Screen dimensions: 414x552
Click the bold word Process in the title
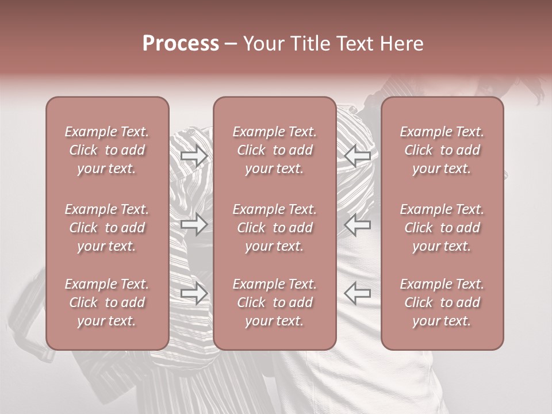pyautogui.click(x=181, y=44)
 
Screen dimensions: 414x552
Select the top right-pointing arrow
pyautogui.click(x=194, y=156)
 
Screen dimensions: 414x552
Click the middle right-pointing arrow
pyautogui.click(x=194, y=224)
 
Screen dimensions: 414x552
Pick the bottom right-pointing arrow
pyautogui.click(x=194, y=293)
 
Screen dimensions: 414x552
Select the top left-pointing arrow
pyautogui.click(x=357, y=156)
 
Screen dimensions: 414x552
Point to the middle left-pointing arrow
pyautogui.click(x=357, y=224)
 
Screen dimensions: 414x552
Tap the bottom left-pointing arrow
pyautogui.click(x=357, y=293)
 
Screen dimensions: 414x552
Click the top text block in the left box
pyautogui.click(x=107, y=150)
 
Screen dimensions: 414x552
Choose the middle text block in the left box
pyautogui.click(x=107, y=228)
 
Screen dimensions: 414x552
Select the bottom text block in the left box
pyautogui.click(x=107, y=302)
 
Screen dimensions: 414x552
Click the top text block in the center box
pyautogui.click(x=275, y=150)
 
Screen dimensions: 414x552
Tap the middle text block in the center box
pyautogui.click(x=275, y=228)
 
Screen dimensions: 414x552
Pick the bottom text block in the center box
pyautogui.click(x=275, y=302)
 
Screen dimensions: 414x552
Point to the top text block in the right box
pyautogui.click(x=442, y=150)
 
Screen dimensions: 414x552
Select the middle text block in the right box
pyautogui.click(x=442, y=228)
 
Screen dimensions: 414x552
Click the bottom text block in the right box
pyautogui.click(x=442, y=302)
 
